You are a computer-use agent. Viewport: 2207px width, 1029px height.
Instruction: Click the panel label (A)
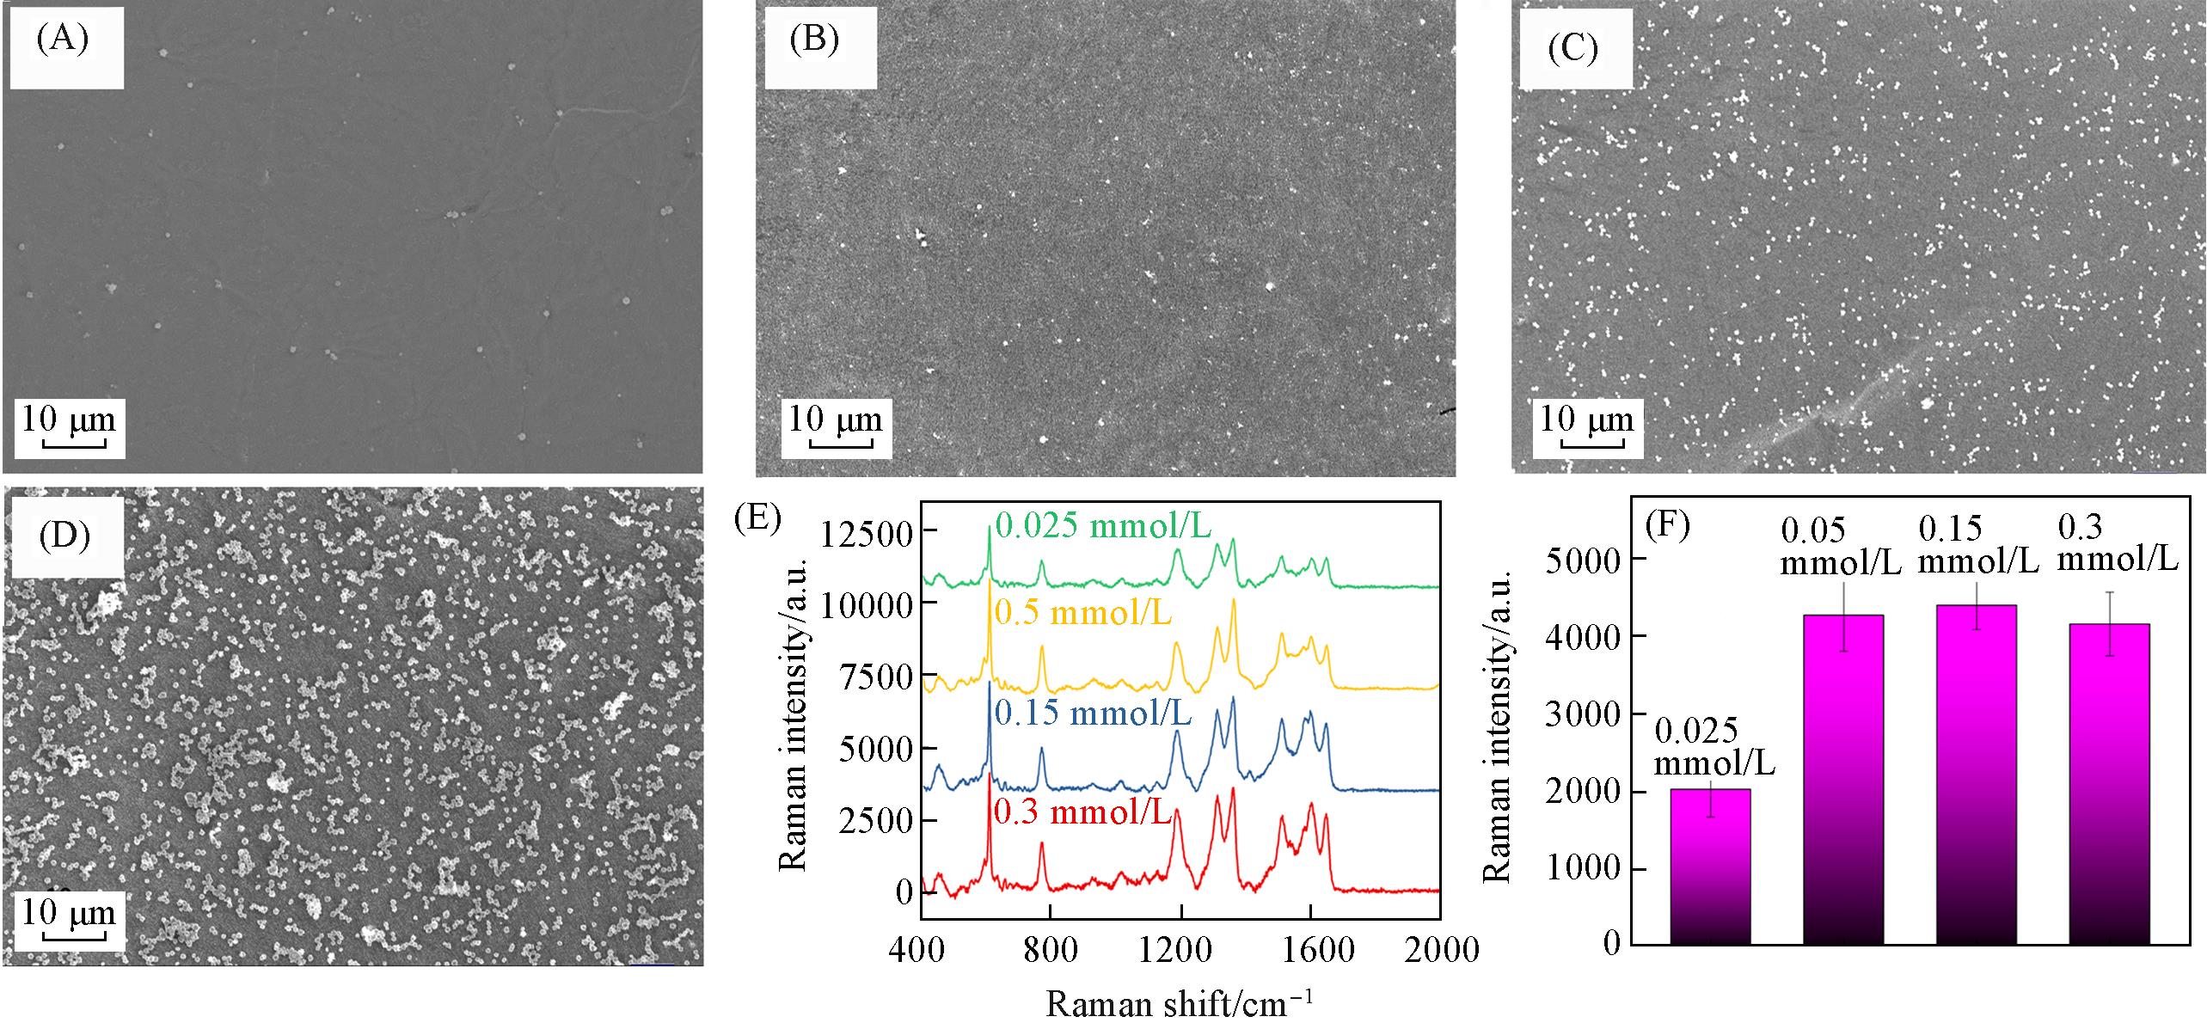(x=63, y=40)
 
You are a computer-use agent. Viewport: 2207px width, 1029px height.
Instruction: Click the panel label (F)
(x=1665, y=524)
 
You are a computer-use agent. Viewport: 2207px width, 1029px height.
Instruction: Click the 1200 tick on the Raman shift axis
(x=1180, y=950)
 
